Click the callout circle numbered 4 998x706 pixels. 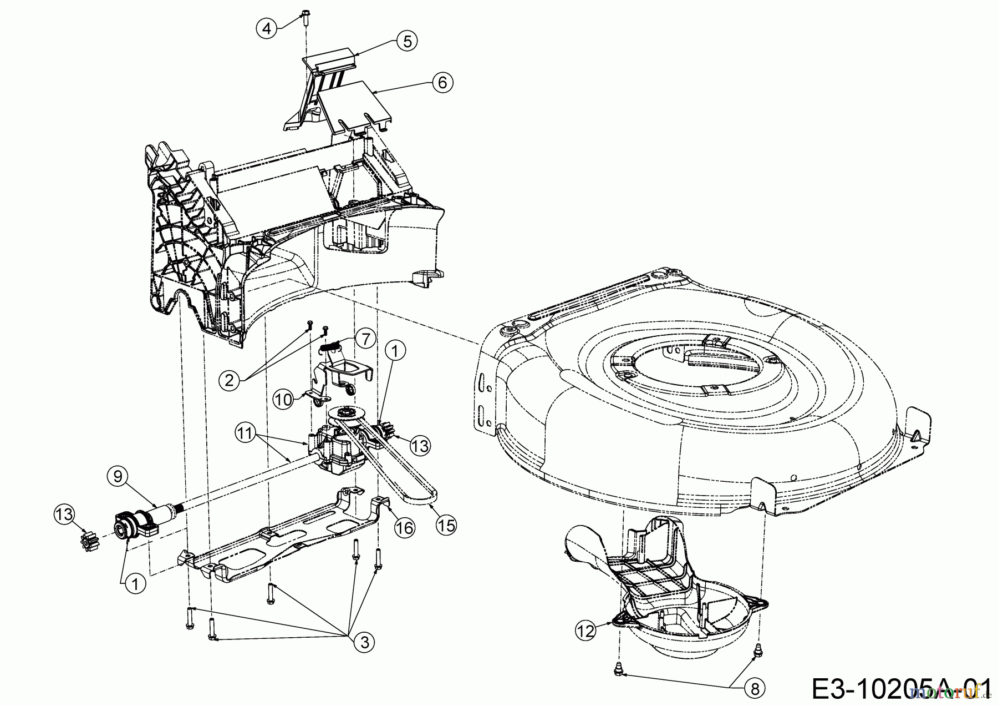click(267, 27)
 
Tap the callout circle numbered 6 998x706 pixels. click(442, 82)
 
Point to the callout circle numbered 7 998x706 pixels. click(365, 338)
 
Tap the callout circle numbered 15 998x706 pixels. click(445, 525)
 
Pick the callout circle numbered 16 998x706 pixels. click(405, 527)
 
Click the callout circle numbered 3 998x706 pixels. click(364, 642)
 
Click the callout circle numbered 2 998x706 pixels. click(231, 380)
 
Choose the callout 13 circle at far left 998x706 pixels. click(65, 514)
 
